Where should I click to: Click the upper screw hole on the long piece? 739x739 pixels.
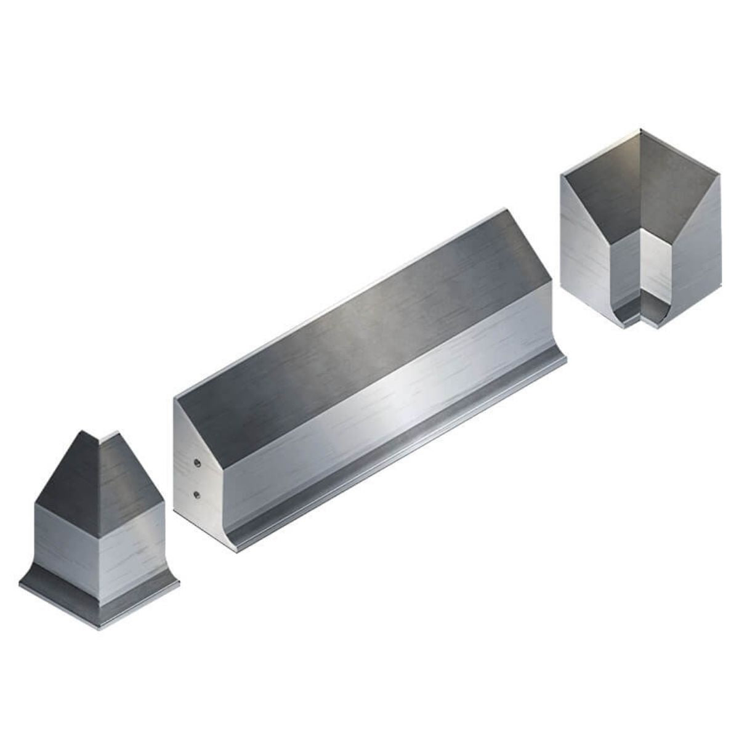click(x=196, y=462)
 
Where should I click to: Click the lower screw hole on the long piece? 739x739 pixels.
click(x=196, y=495)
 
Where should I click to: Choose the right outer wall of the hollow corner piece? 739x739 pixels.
click(x=696, y=252)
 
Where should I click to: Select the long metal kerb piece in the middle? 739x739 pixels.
click(x=369, y=382)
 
